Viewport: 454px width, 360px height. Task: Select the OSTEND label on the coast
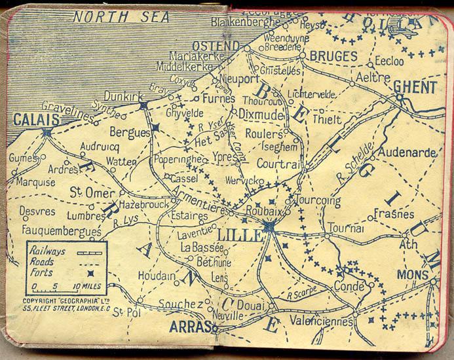216,45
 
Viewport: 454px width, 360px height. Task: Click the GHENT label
415,86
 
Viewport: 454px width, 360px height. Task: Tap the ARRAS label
189,326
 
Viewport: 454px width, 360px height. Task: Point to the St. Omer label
92,193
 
